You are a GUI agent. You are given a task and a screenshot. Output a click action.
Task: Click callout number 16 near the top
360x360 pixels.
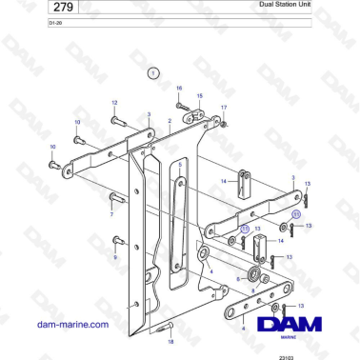178,89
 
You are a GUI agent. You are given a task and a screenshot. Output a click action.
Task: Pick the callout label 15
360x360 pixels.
200,96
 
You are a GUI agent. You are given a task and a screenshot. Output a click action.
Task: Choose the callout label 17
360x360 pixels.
225,108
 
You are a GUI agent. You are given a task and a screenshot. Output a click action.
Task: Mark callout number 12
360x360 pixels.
114,102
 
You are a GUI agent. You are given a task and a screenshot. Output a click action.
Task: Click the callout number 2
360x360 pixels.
170,121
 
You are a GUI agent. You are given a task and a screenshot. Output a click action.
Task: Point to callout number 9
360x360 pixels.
114,257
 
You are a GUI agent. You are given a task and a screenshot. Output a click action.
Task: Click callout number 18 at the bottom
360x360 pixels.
170,339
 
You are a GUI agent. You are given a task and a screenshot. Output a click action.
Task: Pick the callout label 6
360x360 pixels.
238,280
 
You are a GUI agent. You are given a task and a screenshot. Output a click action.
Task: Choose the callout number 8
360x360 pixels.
251,290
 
